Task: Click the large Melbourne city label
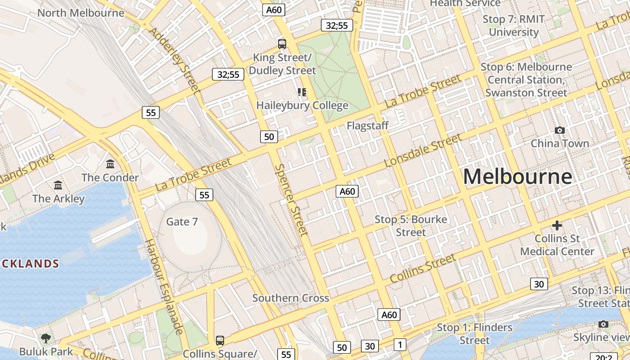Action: [x=517, y=176]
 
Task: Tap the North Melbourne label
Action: [x=81, y=13]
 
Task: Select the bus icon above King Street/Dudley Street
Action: [x=282, y=44]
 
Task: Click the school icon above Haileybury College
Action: [x=302, y=92]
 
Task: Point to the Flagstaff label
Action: [x=367, y=126]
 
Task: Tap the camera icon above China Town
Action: [x=560, y=130]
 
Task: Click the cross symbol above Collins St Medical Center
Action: [x=557, y=225]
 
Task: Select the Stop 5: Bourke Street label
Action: [x=411, y=226]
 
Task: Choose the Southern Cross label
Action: [x=291, y=298]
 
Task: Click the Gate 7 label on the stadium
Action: [x=182, y=221]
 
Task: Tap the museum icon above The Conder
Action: [x=110, y=164]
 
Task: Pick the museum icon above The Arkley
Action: [x=58, y=185]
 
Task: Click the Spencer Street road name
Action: [x=292, y=199]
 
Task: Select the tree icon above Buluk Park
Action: [x=45, y=338]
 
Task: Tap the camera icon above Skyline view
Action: [x=603, y=324]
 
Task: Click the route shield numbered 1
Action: [x=400, y=345]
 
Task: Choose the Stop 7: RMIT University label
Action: [x=513, y=26]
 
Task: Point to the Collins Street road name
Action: [x=423, y=269]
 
